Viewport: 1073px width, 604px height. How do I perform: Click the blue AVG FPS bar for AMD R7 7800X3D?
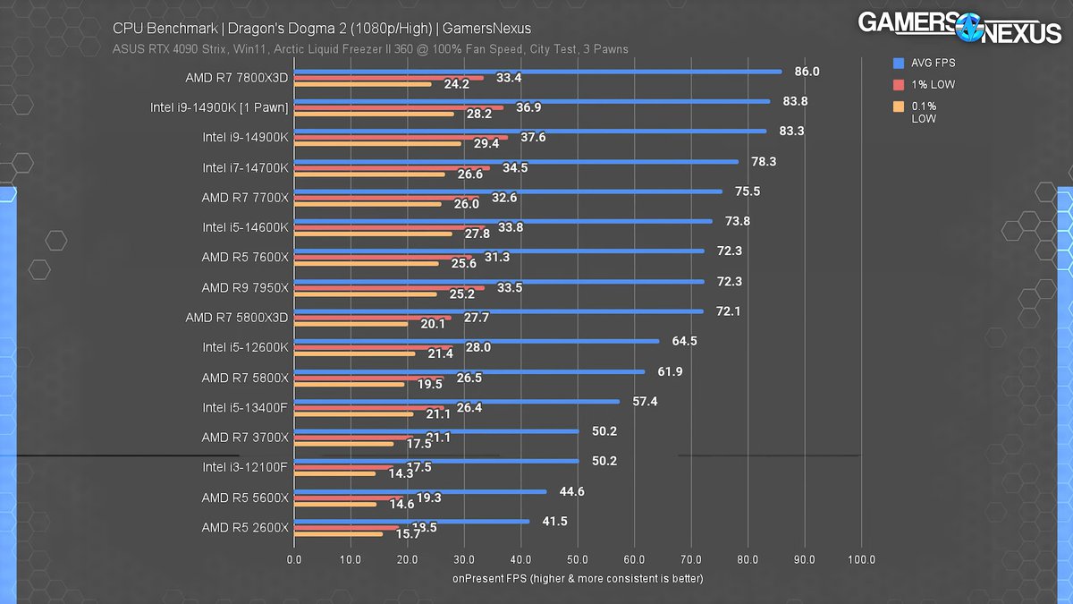pos(536,72)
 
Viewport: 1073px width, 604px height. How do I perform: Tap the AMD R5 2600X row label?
pos(245,527)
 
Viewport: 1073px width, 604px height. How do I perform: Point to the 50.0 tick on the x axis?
pos(578,560)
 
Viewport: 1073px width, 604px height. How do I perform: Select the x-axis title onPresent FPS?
pos(578,579)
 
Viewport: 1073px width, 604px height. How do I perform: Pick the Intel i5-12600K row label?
pos(245,347)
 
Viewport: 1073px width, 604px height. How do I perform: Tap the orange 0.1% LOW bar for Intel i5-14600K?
pos(373,234)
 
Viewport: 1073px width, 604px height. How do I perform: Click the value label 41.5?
pos(554,521)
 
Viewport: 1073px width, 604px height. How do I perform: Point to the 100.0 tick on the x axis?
pos(861,560)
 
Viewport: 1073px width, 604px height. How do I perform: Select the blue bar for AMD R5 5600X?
pos(420,491)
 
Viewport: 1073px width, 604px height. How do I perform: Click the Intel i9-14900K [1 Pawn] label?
pos(220,107)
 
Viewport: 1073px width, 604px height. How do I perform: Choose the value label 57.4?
pos(645,401)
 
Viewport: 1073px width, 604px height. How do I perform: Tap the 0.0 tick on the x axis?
pos(294,560)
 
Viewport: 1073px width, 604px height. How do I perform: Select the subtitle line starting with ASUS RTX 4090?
pos(370,48)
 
